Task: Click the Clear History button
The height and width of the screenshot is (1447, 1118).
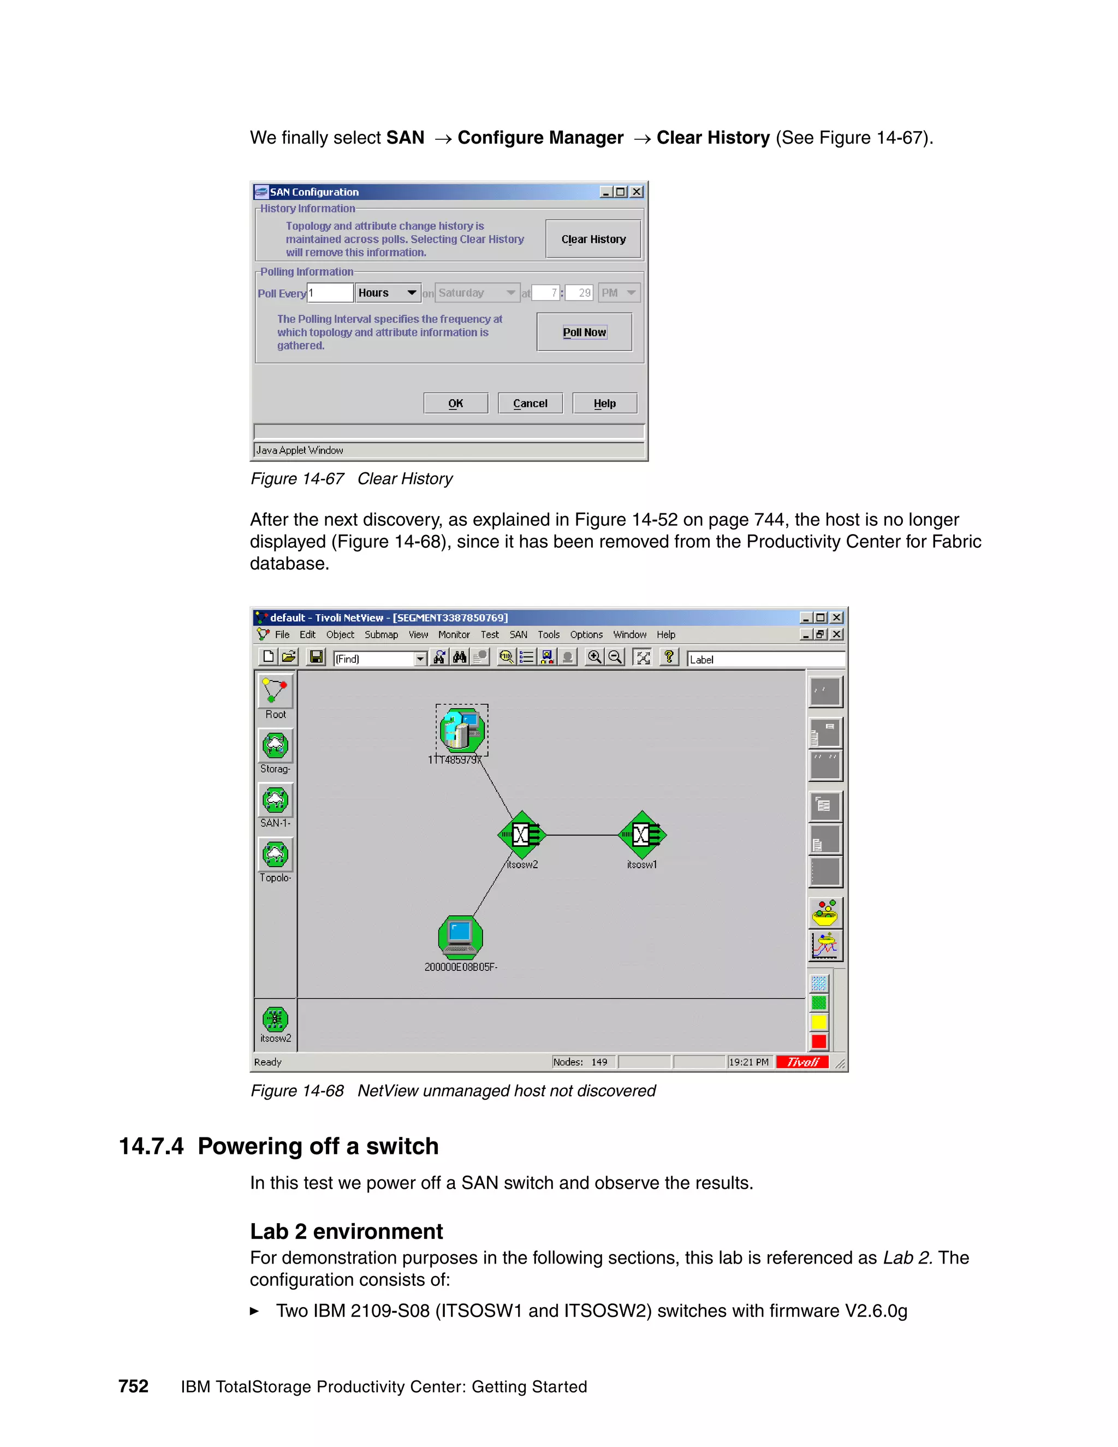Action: pyautogui.click(x=593, y=239)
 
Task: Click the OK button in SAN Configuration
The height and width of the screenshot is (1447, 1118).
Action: pyautogui.click(x=456, y=404)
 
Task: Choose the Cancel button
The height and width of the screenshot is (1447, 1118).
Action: pyautogui.click(x=530, y=404)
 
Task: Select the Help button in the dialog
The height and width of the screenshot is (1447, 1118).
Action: pyautogui.click(x=604, y=404)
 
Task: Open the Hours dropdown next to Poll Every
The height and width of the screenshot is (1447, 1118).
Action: pyautogui.click(x=411, y=293)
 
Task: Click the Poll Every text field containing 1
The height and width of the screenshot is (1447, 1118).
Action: pyautogui.click(x=330, y=293)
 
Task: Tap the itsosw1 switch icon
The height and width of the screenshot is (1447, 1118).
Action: pyautogui.click(x=642, y=835)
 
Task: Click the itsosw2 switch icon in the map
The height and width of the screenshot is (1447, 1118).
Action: pyautogui.click(x=522, y=835)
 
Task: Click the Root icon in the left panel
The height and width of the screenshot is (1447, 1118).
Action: pyautogui.click(x=276, y=692)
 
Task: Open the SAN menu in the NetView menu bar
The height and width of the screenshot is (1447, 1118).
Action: pyautogui.click(x=518, y=634)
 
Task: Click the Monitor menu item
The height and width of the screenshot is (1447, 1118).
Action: pyautogui.click(x=454, y=634)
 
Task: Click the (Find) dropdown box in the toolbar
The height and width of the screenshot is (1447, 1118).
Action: pyautogui.click(x=379, y=659)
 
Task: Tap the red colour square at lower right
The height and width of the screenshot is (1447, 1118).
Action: pyautogui.click(x=819, y=1041)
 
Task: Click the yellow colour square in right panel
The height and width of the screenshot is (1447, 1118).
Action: pyautogui.click(x=819, y=1022)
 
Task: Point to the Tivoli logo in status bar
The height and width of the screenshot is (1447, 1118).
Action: pyautogui.click(x=802, y=1062)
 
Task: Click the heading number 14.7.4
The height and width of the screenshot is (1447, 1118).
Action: pyautogui.click(x=151, y=1146)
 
